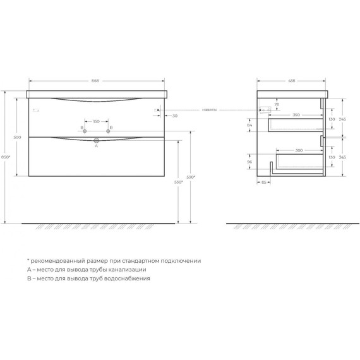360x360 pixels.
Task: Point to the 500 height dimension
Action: coord(17,137)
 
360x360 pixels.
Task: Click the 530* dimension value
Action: coord(179,182)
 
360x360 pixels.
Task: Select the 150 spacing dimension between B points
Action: coord(97,121)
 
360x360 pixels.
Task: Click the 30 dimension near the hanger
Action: coord(174,116)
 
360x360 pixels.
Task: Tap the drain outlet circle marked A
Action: coord(97,140)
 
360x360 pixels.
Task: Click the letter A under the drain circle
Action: coord(97,147)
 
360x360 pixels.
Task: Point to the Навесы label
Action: coord(210,109)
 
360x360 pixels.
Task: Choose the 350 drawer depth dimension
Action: coord(296,115)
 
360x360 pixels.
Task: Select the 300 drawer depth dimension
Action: coord(298,150)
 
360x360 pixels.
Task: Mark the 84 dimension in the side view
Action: coord(249,126)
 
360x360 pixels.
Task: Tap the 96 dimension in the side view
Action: coord(249,162)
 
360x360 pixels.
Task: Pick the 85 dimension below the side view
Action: coord(263,182)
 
